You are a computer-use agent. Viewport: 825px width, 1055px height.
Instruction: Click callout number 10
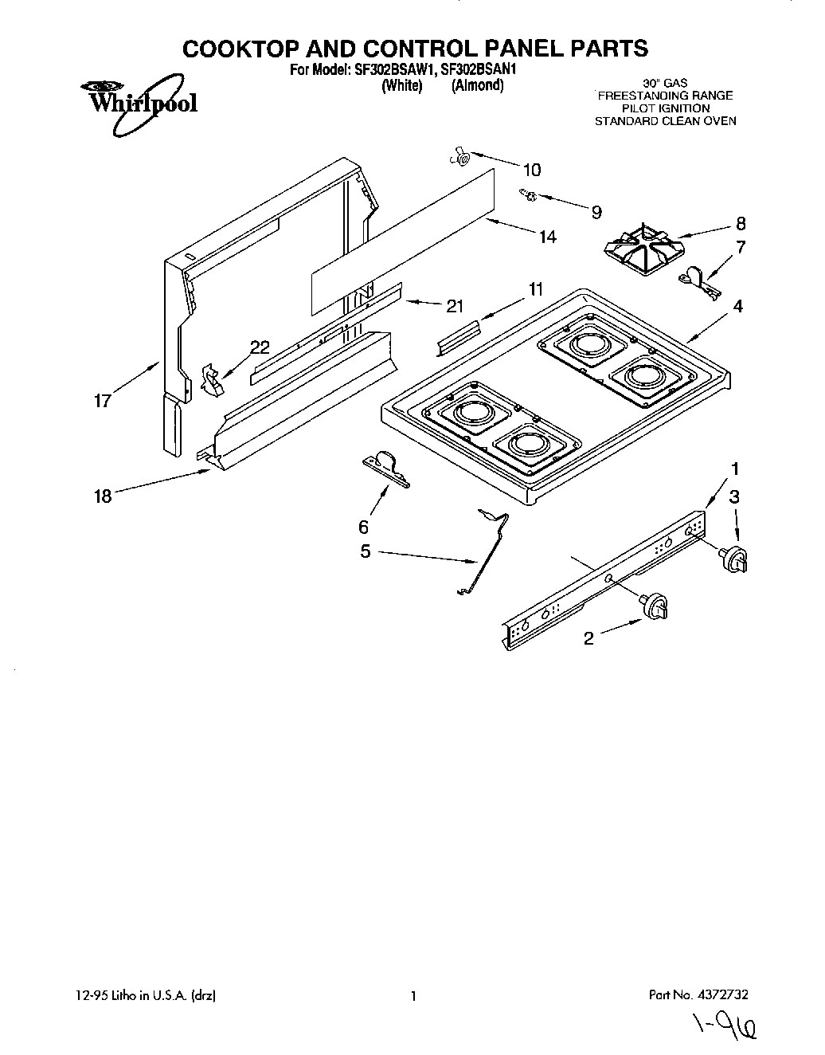[x=531, y=170]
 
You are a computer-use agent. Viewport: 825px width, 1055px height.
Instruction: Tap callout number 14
[x=547, y=237]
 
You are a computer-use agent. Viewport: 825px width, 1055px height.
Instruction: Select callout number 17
[x=103, y=401]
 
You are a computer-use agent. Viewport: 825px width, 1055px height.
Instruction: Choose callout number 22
[x=260, y=347]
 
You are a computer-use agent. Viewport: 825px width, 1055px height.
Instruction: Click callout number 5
[x=366, y=551]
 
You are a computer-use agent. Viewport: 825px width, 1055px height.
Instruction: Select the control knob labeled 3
[x=734, y=559]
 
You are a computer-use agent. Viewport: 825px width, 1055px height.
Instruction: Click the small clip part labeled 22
[x=213, y=379]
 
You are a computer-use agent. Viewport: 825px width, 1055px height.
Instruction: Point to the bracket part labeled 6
[x=386, y=469]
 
